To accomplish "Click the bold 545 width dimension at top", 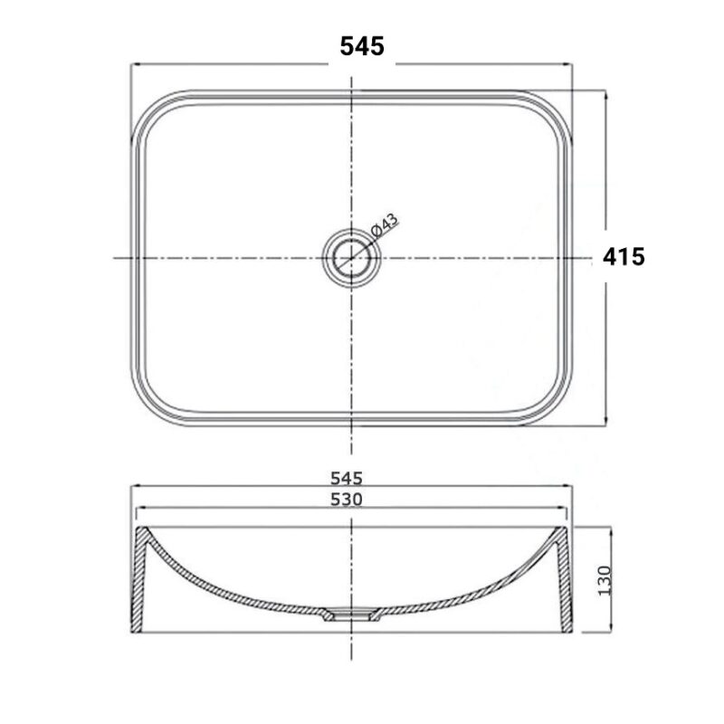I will coord(362,46).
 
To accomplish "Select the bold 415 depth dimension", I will coord(624,257).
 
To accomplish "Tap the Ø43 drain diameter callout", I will coord(384,226).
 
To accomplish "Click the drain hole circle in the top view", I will coord(351,258).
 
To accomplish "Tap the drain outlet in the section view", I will coord(351,615).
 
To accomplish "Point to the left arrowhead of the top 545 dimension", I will coord(137,64).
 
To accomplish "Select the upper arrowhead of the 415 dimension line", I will coord(605,94).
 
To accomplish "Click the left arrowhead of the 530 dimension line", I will coord(142,510).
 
